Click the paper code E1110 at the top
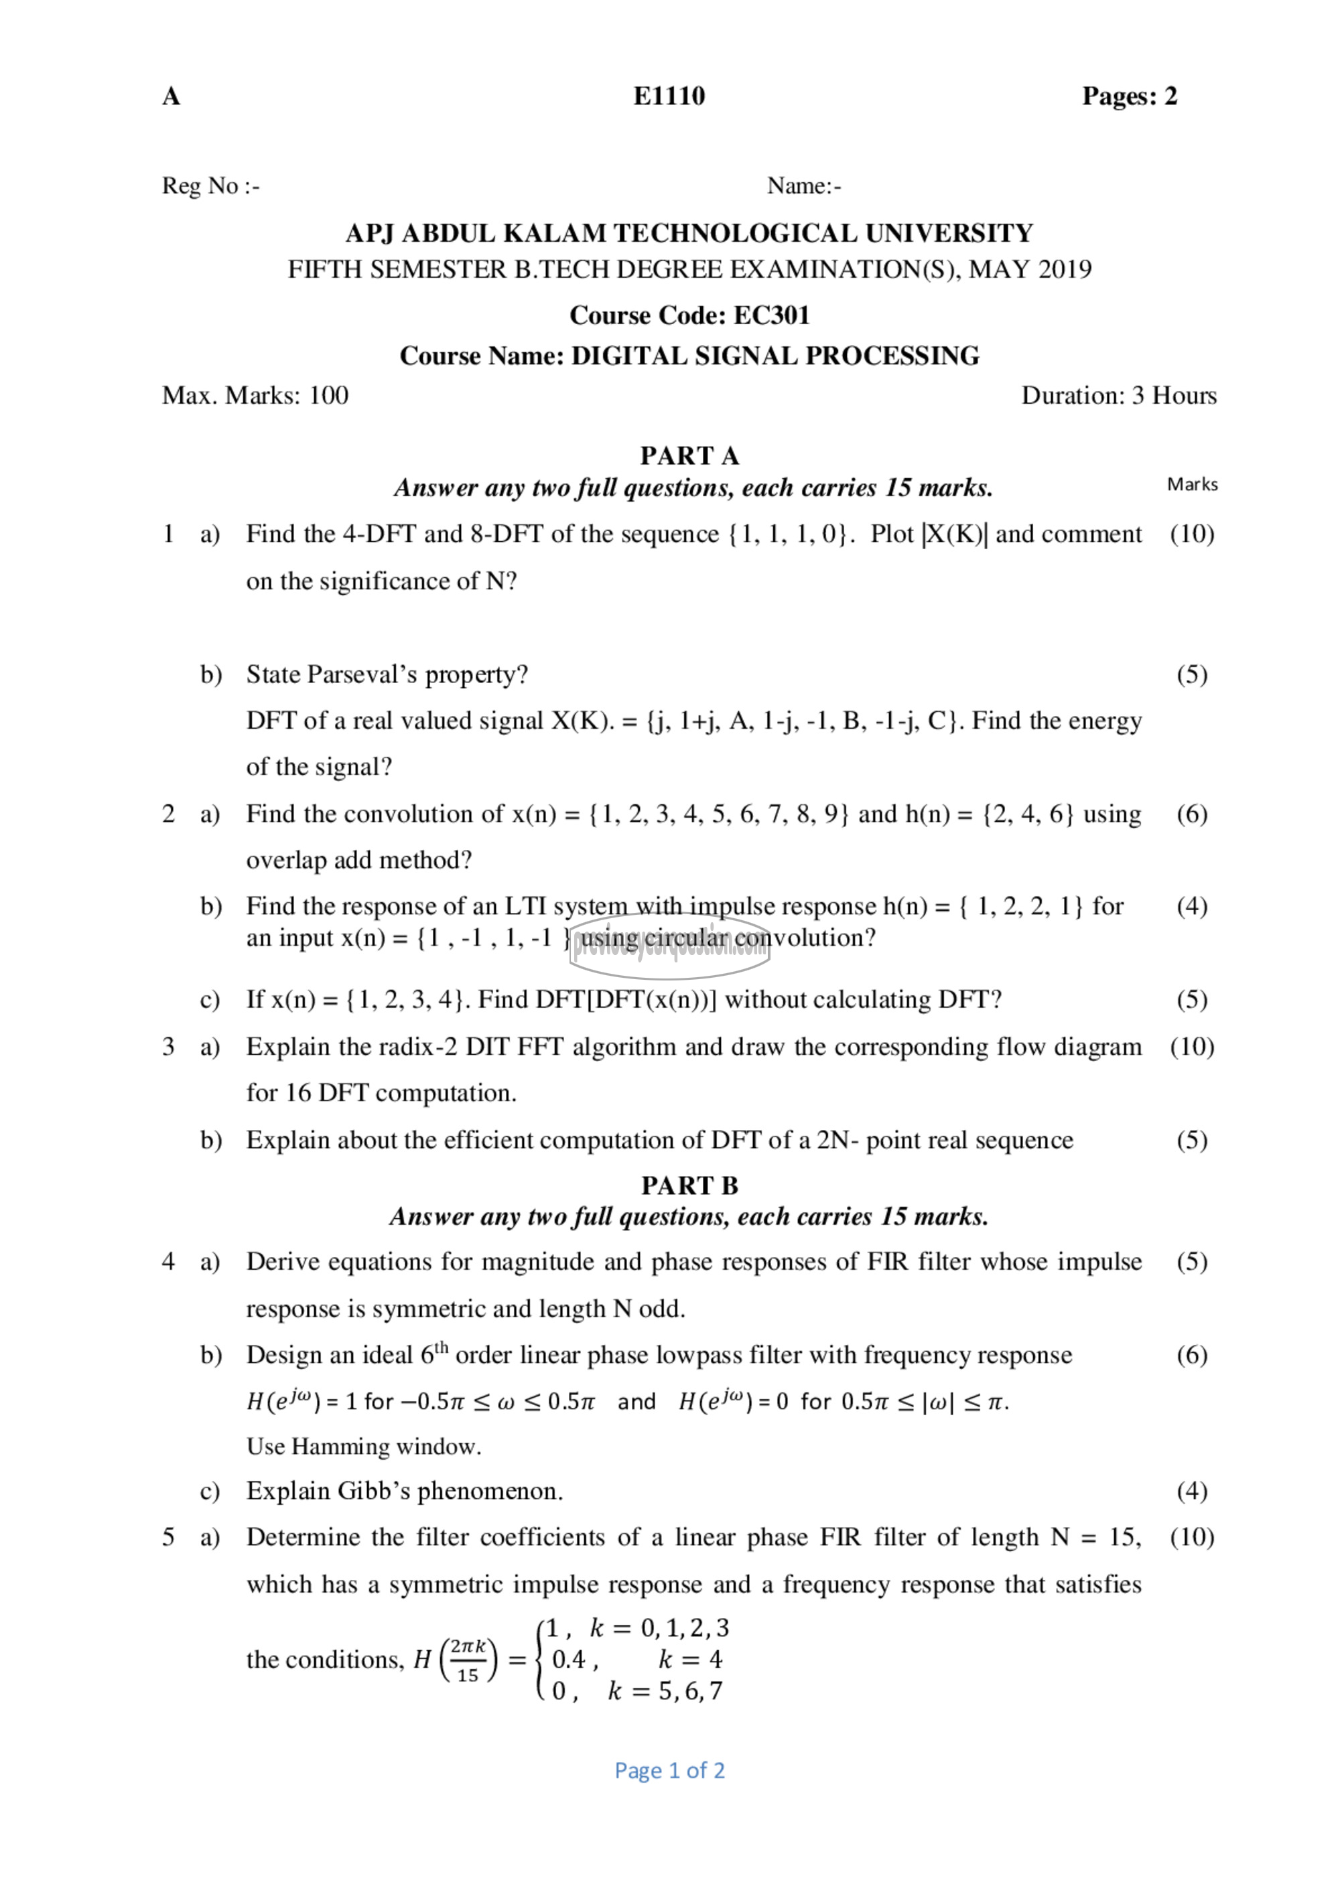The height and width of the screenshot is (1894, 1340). pos(669,96)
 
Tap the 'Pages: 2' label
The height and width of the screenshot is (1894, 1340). pos(1129,96)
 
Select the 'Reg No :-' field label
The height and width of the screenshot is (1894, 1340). pos(210,186)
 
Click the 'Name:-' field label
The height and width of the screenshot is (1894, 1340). pos(804,186)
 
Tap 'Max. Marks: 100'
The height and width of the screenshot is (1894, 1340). pos(255,395)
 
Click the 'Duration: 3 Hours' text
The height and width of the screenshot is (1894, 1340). pos(1118,395)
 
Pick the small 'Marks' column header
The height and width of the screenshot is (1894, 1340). pos(1191,484)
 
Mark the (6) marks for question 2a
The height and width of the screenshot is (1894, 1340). pos(1191,814)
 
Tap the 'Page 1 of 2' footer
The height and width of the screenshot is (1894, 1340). pos(669,1770)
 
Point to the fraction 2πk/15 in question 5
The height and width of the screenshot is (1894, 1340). pos(468,1660)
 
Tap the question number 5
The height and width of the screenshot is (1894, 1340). pos(168,1537)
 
